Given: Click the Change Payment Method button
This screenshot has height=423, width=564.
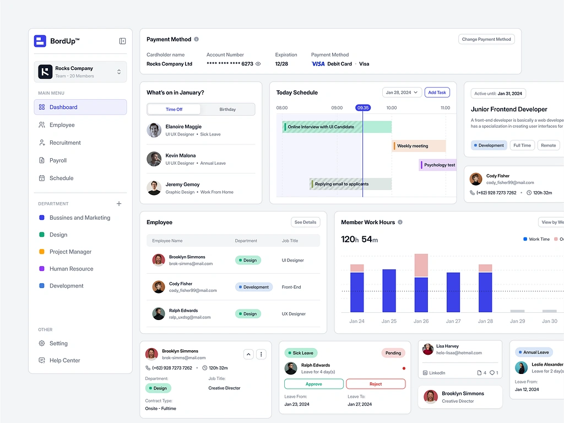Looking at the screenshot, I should pyautogui.click(x=486, y=39).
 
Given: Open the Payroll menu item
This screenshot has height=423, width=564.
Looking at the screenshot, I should pyautogui.click(x=58, y=160).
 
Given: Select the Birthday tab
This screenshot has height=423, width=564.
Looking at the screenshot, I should pyautogui.click(x=227, y=109).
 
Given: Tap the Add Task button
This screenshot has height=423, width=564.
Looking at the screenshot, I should pyautogui.click(x=437, y=93).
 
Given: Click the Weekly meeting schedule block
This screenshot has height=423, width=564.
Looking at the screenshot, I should pyautogui.click(x=419, y=146).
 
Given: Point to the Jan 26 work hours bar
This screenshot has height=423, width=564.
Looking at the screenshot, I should pyautogui.click(x=421, y=284).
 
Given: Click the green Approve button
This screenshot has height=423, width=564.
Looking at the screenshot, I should pyautogui.click(x=313, y=384).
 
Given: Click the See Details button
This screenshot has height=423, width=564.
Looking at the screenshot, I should pyautogui.click(x=305, y=223).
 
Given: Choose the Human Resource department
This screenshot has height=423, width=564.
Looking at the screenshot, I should pyautogui.click(x=71, y=269).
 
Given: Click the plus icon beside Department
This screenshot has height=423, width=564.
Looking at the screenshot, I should pyautogui.click(x=119, y=204).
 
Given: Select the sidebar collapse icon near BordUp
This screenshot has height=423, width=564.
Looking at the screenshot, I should pyautogui.click(x=122, y=41).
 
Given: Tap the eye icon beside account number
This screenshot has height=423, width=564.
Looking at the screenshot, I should pyautogui.click(x=258, y=64).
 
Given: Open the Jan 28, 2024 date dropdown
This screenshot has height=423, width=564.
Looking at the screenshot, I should pyautogui.click(x=402, y=93).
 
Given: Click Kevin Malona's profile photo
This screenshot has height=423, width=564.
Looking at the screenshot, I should pyautogui.click(x=154, y=159).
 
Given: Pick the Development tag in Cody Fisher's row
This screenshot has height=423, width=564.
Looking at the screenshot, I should pyautogui.click(x=253, y=287).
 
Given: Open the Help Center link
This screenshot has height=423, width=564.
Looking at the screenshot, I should pyautogui.click(x=64, y=360).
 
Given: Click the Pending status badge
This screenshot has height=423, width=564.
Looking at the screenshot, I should pyautogui.click(x=393, y=352).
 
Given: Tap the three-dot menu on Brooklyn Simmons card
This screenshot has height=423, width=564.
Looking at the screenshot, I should pyautogui.click(x=261, y=354).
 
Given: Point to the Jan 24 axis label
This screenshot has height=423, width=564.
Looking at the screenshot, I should pyautogui.click(x=357, y=321).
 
